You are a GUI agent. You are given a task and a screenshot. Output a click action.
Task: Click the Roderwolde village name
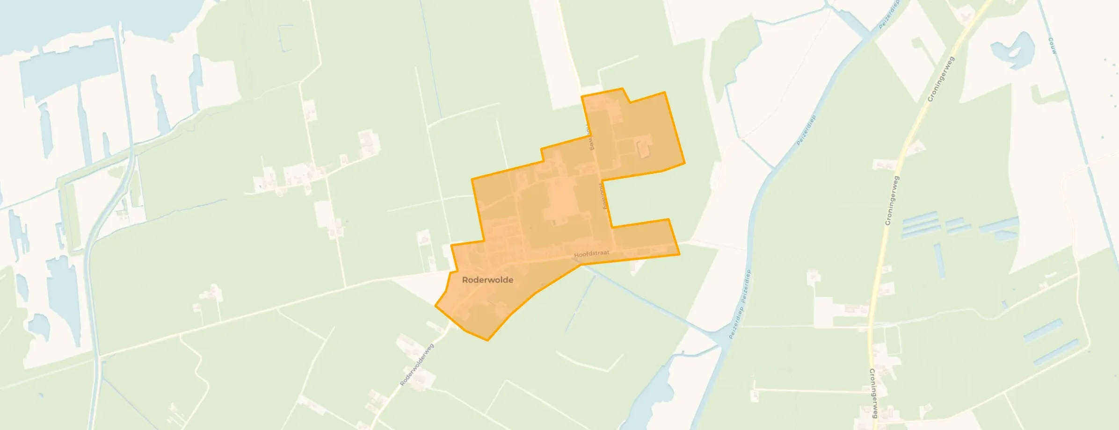[487, 280]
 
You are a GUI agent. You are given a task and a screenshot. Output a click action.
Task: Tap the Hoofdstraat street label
[591, 254]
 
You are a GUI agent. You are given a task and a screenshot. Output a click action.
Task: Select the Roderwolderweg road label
[417, 365]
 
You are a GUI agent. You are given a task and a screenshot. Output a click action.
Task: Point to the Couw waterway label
[1053, 46]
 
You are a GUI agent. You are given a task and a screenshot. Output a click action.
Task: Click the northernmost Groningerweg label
[940, 79]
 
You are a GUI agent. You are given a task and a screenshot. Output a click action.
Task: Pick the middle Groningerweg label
[892, 201]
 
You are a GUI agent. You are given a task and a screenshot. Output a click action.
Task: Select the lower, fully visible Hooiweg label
[603, 195]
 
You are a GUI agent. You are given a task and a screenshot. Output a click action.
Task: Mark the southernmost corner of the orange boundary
[487, 340]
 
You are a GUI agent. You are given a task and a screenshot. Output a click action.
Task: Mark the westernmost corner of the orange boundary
[436, 306]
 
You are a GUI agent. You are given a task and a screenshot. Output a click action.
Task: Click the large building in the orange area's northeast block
[644, 146]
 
